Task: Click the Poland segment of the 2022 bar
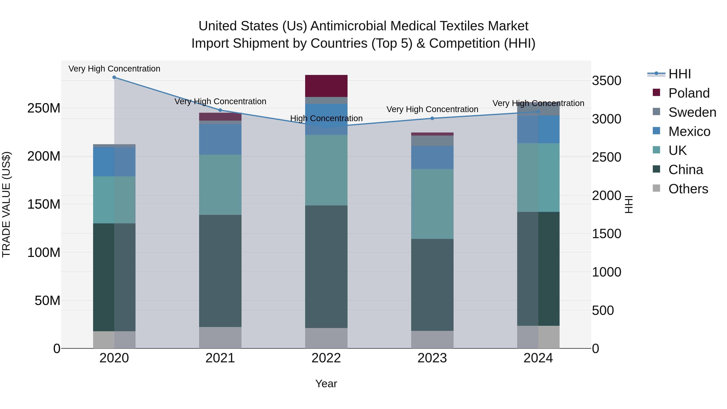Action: tap(326, 86)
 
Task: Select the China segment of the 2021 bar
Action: tap(220, 271)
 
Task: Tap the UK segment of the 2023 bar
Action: tap(432, 204)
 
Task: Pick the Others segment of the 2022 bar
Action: tap(326, 338)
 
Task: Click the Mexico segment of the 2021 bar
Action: tap(220, 139)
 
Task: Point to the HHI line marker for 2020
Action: tap(114, 77)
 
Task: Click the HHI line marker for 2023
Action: tap(432, 118)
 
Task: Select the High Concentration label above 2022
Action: tap(326, 119)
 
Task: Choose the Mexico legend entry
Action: tap(689, 131)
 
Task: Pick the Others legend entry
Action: tap(688, 189)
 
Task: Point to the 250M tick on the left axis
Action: tap(44, 108)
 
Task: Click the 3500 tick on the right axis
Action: tap(606, 81)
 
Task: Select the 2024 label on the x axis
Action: tap(538, 358)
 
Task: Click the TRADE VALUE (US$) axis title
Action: tap(6, 204)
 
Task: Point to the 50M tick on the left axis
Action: tap(47, 301)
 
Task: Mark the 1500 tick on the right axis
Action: tap(606, 234)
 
